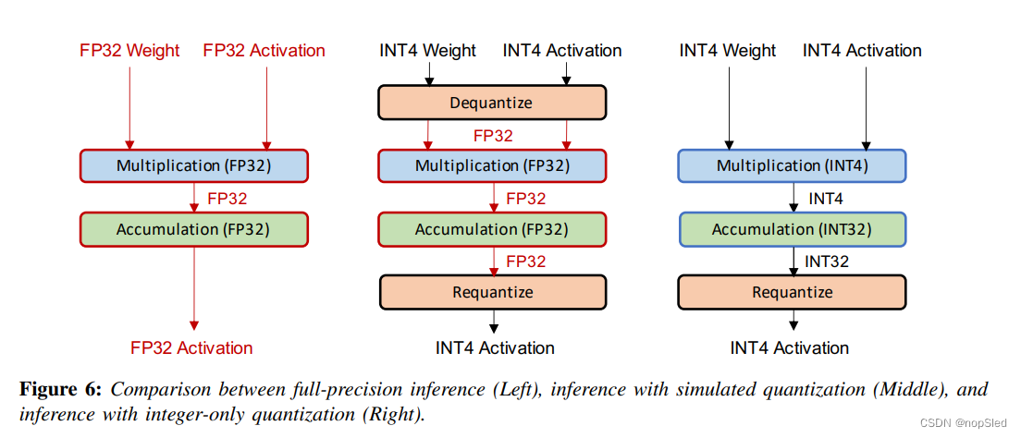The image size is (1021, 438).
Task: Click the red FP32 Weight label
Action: [129, 51]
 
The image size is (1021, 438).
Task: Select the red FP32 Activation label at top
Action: [264, 51]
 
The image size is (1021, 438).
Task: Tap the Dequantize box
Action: [491, 103]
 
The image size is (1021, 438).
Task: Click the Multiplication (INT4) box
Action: [793, 166]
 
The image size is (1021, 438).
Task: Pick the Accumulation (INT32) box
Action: [793, 229]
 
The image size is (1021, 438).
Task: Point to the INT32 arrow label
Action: [827, 262]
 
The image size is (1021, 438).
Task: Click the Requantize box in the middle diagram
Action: [492, 292]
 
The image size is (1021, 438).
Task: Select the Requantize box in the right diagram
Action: [793, 292]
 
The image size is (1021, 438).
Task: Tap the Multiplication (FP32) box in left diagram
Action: [193, 166]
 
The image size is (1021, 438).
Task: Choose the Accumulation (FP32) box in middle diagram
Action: [492, 229]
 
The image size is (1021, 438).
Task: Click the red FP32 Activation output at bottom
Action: [191, 348]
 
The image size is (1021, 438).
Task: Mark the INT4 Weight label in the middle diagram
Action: [427, 51]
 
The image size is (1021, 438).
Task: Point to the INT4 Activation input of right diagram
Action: [862, 51]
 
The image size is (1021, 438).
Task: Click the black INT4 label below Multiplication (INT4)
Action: [826, 199]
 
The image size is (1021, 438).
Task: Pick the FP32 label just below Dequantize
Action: [493, 135]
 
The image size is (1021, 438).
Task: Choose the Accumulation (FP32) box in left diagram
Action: [193, 229]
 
